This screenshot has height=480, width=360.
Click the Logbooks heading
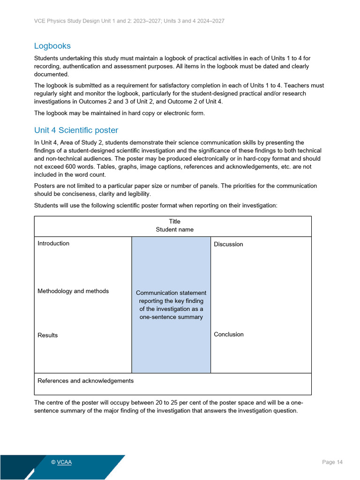tap(52, 46)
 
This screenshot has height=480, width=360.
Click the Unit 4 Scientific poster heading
tap(76, 130)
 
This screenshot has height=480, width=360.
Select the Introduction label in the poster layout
tap(53, 243)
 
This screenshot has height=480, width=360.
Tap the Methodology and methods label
tap(73, 291)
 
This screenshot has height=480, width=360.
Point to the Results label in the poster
tap(48, 335)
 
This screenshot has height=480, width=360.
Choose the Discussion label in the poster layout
tap(228, 244)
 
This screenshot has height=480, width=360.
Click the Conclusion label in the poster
tap(229, 334)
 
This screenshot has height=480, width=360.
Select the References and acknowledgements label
tap(85, 381)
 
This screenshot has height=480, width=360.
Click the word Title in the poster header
tap(174, 221)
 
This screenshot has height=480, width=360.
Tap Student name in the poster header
tap(174, 230)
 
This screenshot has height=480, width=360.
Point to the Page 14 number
tap(332, 462)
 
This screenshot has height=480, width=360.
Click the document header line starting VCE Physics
tap(129, 21)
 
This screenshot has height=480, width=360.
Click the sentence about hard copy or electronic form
tap(120, 113)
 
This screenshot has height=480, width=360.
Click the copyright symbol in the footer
tap(53, 462)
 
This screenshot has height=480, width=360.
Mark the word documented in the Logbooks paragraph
tap(51, 74)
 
